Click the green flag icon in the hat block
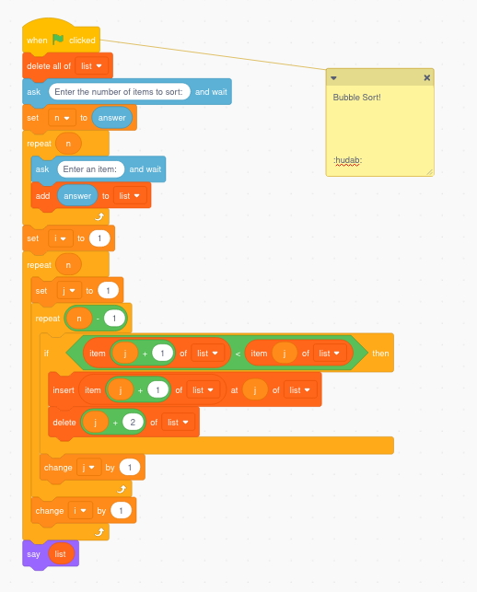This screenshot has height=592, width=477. point(57,40)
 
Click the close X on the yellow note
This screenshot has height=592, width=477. point(426,78)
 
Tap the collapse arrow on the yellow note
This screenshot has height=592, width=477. point(333,78)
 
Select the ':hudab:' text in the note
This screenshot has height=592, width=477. point(348,160)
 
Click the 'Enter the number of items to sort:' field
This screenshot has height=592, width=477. point(120,92)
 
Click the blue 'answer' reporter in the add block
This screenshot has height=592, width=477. point(77,195)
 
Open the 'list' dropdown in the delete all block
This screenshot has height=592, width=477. point(92,66)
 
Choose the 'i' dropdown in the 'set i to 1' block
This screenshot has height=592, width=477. point(60,238)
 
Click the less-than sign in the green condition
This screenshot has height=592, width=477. point(237,354)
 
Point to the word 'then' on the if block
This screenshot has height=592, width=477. point(379,354)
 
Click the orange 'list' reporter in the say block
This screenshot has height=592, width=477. point(61,553)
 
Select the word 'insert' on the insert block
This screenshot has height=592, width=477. point(63,390)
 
